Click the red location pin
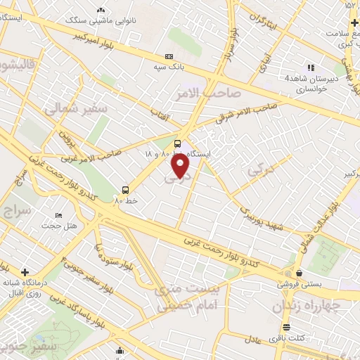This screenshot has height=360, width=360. click(181, 166)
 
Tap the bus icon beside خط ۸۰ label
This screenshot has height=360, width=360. click(125, 189)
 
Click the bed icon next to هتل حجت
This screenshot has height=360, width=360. click(58, 214)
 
